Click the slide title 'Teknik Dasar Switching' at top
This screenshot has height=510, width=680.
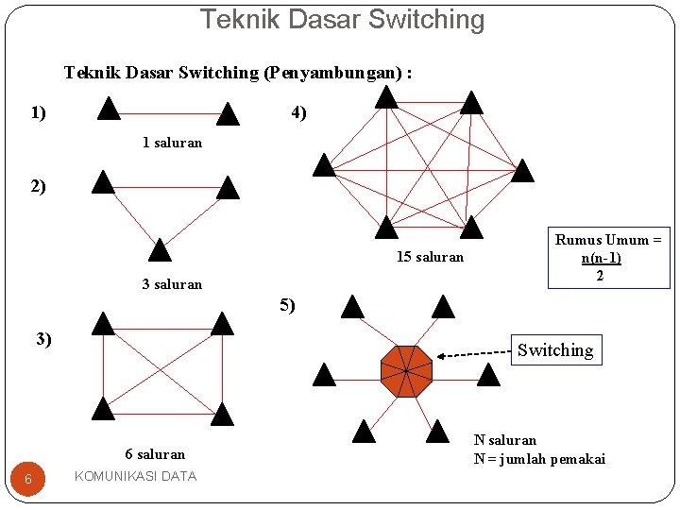342,19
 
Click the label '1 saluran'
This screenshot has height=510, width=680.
172,144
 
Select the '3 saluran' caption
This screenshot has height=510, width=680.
172,284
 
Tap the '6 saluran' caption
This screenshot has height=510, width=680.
155,454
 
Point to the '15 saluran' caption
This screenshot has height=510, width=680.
430,257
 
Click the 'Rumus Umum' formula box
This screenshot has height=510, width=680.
607,258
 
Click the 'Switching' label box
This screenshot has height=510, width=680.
555,350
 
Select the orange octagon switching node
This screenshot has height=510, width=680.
406,371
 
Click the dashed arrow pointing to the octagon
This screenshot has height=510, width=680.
472,355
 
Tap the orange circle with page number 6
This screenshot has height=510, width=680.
28,479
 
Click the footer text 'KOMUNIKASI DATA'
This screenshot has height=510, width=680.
135,476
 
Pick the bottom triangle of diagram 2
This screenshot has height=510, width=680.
160,250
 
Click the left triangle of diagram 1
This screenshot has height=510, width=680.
109,110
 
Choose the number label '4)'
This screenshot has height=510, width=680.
298,112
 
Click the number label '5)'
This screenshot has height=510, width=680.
287,305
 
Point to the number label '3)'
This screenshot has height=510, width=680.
43,339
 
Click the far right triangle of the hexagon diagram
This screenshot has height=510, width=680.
522,171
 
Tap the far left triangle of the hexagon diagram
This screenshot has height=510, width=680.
324,166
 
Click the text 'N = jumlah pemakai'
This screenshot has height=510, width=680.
539,459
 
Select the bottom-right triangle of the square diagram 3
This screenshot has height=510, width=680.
222,414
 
